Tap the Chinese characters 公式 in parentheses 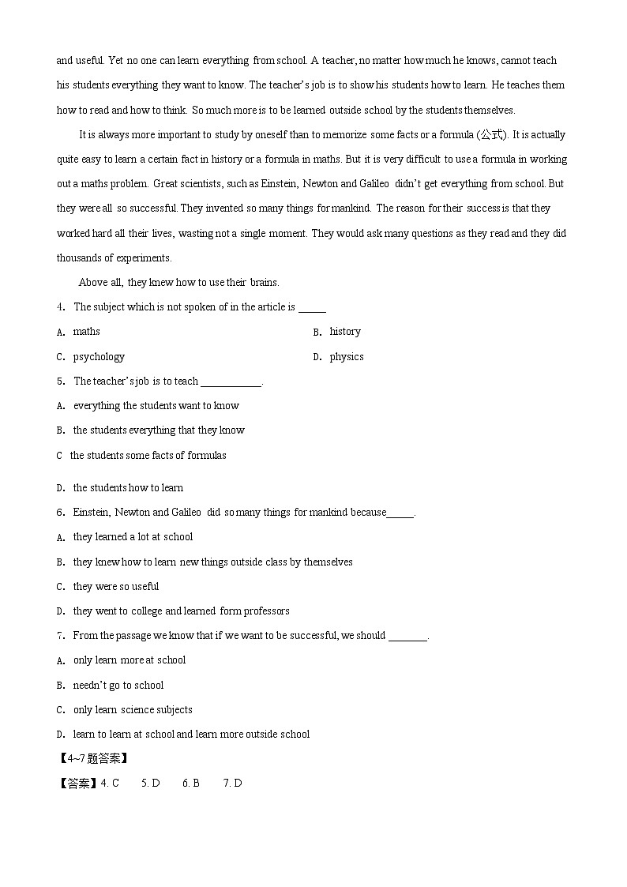[491, 135]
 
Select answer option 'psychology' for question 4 [99, 357]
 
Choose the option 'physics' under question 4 [347, 357]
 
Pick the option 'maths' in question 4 [86, 332]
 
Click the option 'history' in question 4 [345, 332]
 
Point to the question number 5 [60, 381]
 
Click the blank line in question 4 [312, 309]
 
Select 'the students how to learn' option [128, 488]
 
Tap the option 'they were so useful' [116, 587]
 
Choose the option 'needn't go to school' [118, 686]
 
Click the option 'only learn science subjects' [133, 710]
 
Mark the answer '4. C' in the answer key [110, 784]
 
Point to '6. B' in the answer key [190, 784]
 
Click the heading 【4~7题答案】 [92, 759]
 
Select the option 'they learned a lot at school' [133, 537]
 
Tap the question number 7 [60, 636]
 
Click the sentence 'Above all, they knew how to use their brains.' [179, 283]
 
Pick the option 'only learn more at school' [130, 660]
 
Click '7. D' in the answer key [232, 784]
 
